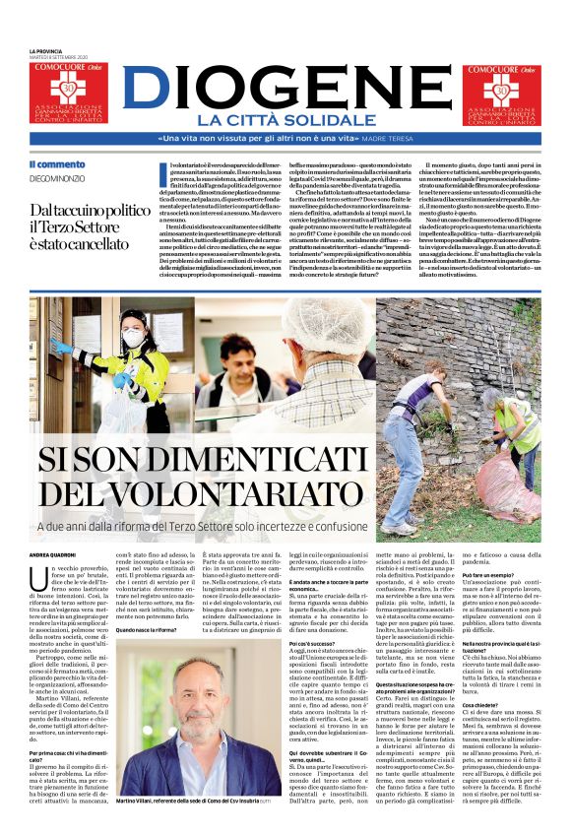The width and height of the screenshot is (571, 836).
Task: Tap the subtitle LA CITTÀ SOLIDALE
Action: [285, 120]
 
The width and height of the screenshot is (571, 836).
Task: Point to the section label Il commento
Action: [57, 164]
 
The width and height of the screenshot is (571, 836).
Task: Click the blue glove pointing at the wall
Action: [61, 347]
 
